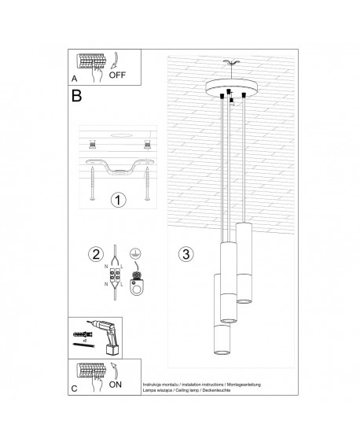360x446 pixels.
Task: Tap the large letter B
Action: tap(76, 98)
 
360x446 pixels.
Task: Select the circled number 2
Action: tap(97, 254)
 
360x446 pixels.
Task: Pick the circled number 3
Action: tap(186, 254)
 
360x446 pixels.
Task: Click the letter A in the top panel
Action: tap(74, 79)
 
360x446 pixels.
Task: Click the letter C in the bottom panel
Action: tap(74, 389)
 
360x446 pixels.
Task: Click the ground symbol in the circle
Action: tap(134, 253)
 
